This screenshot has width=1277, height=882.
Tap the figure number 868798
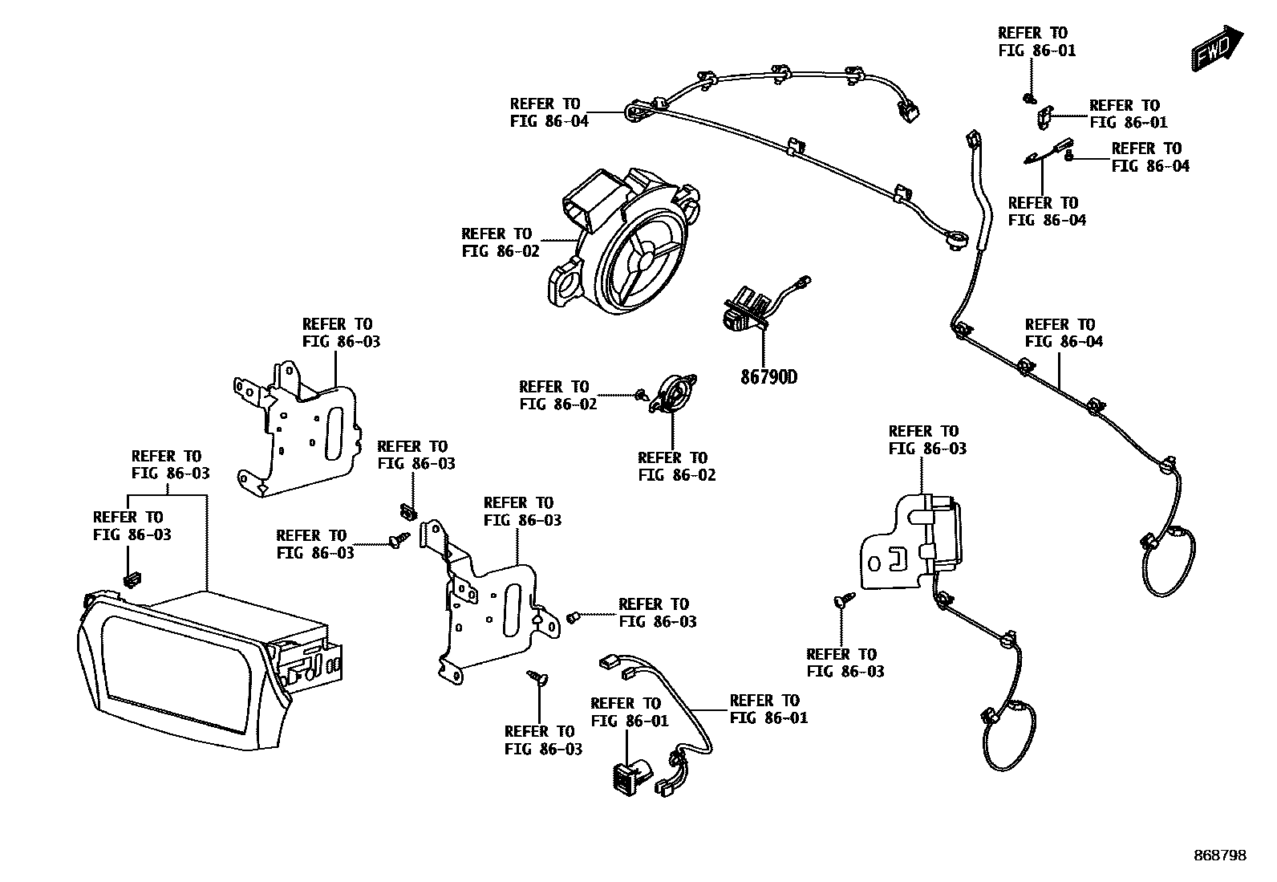click(1218, 856)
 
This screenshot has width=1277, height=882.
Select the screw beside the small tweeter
click(640, 395)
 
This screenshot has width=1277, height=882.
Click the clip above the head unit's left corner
click(132, 578)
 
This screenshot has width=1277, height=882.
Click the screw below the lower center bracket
click(536, 678)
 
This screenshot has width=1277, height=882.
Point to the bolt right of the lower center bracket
click(573, 617)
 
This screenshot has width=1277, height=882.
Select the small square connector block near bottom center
click(626, 775)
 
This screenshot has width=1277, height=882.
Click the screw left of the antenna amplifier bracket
click(844, 599)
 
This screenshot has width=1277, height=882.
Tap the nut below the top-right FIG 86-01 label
click(1028, 98)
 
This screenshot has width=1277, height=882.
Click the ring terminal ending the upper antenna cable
click(956, 239)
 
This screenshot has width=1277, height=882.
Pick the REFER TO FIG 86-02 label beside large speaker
click(497, 242)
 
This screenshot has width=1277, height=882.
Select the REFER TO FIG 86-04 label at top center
click(549, 112)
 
